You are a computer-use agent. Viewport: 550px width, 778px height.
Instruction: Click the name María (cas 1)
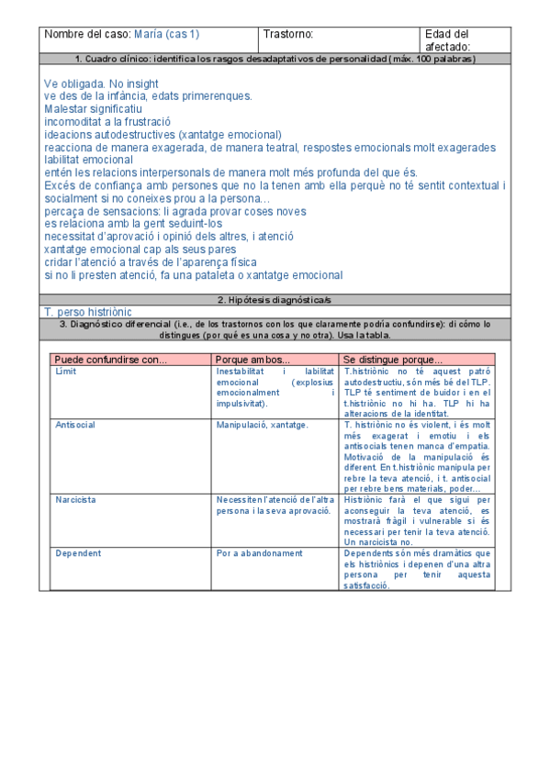coord(166,35)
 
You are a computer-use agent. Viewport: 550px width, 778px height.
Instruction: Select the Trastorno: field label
coord(288,35)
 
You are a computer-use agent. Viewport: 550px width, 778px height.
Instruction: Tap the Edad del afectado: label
coord(447,40)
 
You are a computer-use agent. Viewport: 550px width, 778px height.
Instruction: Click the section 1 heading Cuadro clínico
coord(275,60)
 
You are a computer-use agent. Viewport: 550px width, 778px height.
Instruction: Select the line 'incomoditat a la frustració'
coord(107,121)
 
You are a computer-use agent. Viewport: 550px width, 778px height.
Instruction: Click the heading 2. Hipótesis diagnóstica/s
coord(275,300)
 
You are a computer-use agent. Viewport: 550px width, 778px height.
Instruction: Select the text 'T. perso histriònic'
coord(87,312)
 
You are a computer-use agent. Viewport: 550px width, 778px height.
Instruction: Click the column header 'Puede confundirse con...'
coord(110,360)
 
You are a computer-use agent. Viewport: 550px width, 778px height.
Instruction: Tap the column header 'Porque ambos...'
coord(253,360)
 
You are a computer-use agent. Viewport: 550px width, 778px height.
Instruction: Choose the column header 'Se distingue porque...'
coord(392,360)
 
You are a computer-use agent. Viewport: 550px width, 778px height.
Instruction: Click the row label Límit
coord(66,371)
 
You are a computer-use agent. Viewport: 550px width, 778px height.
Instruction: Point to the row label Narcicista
coord(75,500)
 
